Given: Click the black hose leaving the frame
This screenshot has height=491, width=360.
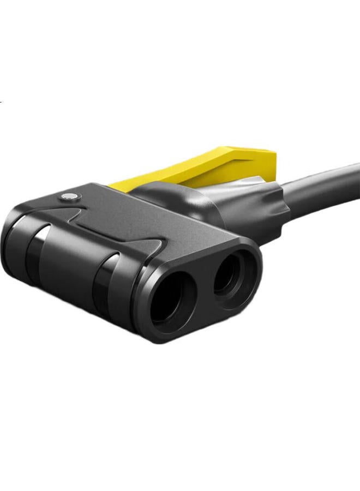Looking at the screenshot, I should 327,185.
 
